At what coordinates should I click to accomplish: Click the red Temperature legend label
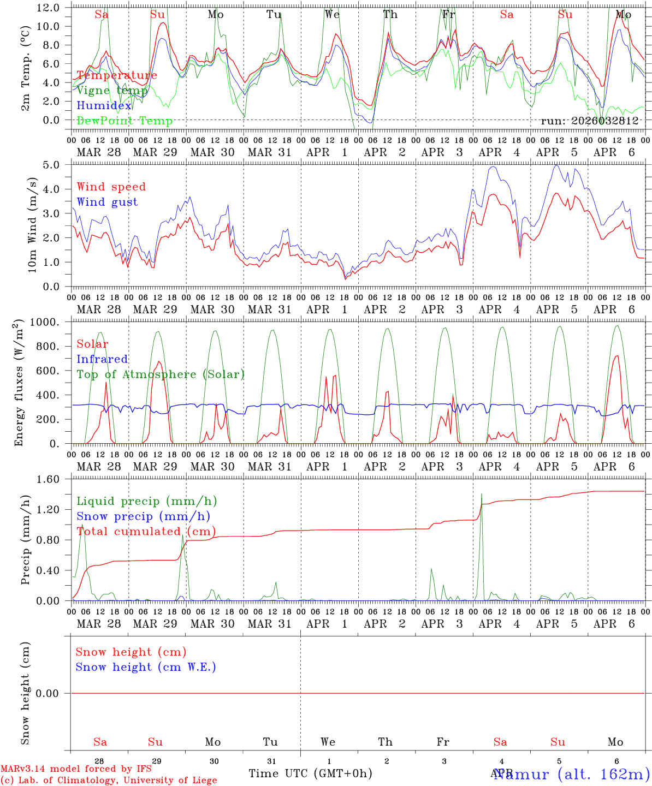(x=117, y=75)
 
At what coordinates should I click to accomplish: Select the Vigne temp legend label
(x=112, y=91)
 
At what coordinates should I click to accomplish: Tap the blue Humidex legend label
(x=104, y=106)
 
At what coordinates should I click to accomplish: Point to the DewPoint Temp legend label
(x=125, y=121)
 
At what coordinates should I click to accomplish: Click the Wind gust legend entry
(x=107, y=202)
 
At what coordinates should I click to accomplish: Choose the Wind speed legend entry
(x=111, y=187)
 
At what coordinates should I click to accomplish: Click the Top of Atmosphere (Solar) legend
(x=161, y=374)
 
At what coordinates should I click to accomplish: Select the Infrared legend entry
(x=102, y=359)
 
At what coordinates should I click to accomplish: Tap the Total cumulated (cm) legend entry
(x=146, y=532)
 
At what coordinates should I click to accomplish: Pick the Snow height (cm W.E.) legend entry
(x=146, y=667)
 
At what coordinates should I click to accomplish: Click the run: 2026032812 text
(x=589, y=121)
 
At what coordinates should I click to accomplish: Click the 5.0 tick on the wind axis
(x=54, y=165)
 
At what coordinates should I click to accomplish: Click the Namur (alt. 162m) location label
(x=571, y=774)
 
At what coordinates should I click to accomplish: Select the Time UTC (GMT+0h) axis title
(x=310, y=773)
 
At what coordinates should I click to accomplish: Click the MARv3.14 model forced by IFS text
(x=76, y=769)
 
